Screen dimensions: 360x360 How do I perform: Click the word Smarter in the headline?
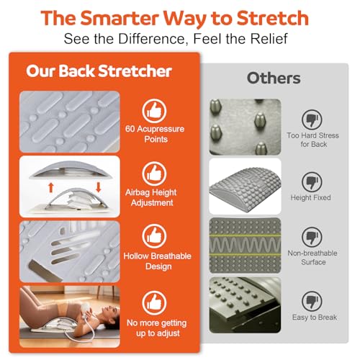click(120, 18)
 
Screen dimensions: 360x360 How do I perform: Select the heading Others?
click(274, 78)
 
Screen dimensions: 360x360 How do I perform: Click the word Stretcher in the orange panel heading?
click(135, 71)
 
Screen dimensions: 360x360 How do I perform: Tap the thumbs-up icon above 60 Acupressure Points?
click(154, 111)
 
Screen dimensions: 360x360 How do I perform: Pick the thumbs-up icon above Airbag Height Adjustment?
click(154, 174)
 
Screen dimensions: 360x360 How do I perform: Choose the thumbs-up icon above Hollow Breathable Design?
click(154, 236)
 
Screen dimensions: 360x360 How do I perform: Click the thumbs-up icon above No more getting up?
click(154, 303)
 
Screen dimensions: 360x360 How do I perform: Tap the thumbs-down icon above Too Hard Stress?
click(312, 120)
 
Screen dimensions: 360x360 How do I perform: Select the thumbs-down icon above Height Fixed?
click(312, 182)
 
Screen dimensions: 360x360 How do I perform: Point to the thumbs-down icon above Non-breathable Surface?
click(312, 237)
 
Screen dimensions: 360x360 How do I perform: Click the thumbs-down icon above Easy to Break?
click(312, 301)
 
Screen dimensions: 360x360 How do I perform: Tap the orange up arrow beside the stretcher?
click(51, 187)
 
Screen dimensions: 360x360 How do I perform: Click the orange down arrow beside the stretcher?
click(99, 187)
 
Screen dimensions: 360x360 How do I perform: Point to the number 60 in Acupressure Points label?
click(130, 129)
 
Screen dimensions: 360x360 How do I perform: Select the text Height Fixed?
click(310, 197)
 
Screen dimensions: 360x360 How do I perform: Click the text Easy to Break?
click(315, 318)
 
